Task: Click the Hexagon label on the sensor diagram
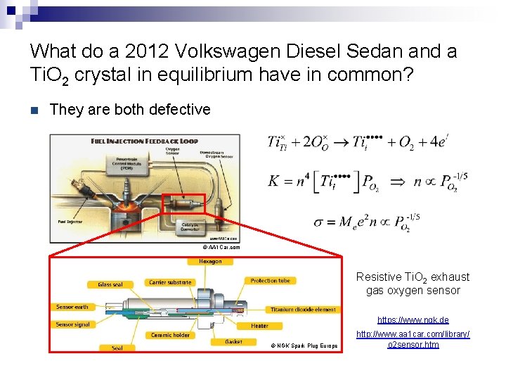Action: (210, 262)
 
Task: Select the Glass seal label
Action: (105, 284)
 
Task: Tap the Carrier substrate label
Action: (170, 282)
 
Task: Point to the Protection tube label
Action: (271, 281)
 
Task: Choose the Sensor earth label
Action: (73, 307)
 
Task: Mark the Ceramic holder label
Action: (171, 335)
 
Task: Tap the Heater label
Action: (259, 326)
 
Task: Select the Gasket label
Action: (234, 341)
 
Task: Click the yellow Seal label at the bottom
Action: (117, 348)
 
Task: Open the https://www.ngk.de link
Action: (413, 319)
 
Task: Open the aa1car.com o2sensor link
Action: (413, 338)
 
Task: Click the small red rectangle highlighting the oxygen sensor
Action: (183, 203)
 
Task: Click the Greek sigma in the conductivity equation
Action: (319, 222)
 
